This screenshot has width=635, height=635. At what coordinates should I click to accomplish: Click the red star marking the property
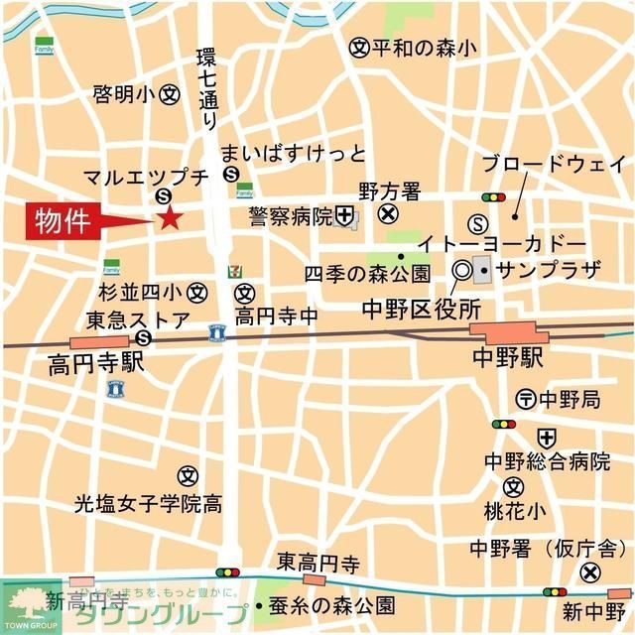169,218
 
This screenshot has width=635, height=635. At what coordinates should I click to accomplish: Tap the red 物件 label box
62,220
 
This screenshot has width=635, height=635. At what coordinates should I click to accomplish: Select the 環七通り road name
207,86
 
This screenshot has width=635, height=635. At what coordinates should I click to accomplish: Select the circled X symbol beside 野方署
388,212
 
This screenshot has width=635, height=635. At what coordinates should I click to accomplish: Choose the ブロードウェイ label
553,164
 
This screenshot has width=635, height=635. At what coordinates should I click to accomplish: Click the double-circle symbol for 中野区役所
461,269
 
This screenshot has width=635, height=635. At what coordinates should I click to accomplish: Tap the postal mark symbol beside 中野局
526,400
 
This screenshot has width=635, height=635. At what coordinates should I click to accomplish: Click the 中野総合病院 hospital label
547,461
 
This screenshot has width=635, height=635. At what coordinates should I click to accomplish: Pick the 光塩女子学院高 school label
148,503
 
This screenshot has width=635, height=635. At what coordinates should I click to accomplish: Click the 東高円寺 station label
317,563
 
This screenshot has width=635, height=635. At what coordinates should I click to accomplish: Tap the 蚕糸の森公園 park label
331,604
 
